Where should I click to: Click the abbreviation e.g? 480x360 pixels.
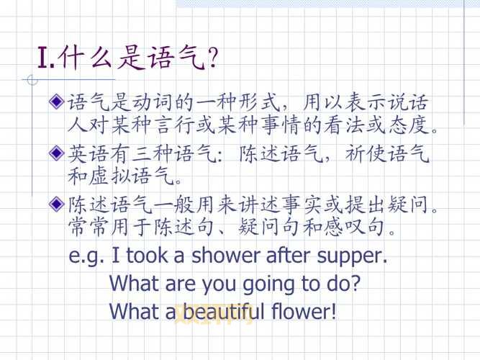click(86, 256)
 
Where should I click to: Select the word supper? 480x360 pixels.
click(351, 256)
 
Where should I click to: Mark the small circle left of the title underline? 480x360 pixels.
click(29, 79)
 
